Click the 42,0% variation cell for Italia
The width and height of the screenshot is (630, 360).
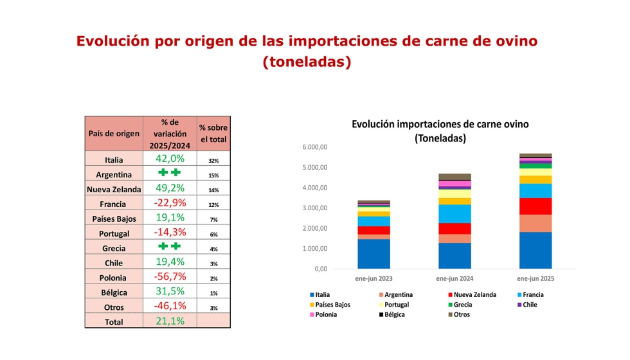[x=170, y=159]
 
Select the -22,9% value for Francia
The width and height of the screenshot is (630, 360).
[x=170, y=203]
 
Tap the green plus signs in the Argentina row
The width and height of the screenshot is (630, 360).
[x=170, y=174]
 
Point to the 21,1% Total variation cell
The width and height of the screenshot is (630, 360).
[x=170, y=321]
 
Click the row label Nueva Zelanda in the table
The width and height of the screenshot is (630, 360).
[x=114, y=189]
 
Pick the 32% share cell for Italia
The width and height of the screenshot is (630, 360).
[x=213, y=160]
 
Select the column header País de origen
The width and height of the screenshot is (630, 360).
[x=114, y=134]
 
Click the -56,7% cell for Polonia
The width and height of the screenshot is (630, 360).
[x=170, y=277]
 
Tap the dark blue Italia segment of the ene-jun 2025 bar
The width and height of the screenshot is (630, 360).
[x=535, y=250]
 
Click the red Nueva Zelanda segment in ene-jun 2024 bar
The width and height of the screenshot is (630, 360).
[x=455, y=228]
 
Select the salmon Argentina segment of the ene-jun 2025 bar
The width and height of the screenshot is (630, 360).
[x=535, y=223]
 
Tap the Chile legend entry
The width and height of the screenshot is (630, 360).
[x=530, y=305]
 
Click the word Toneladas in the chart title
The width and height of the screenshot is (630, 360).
[x=440, y=138]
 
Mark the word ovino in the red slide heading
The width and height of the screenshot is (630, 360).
[x=512, y=41]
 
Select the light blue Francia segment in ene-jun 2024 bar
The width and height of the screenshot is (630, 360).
[x=455, y=213]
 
